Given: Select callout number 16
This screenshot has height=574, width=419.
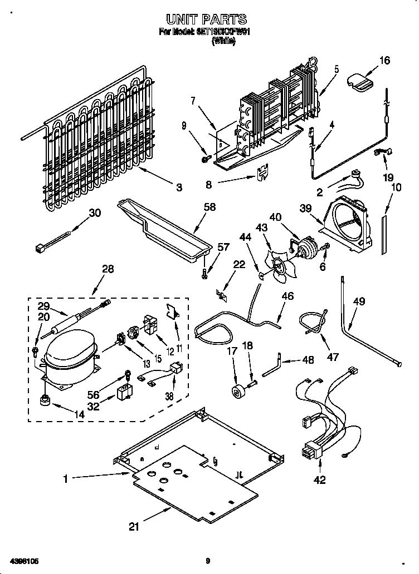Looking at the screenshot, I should click(x=384, y=61).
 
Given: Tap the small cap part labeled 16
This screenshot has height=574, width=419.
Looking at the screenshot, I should click(x=360, y=81).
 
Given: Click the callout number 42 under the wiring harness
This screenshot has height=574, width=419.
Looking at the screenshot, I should click(x=320, y=480).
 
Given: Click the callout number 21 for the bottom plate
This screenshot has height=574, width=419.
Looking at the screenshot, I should click(x=134, y=527).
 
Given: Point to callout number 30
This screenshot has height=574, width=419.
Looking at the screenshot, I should click(x=95, y=212).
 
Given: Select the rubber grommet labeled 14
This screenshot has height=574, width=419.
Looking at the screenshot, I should click(x=44, y=400).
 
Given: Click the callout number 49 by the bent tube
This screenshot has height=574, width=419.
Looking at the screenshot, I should click(x=359, y=302).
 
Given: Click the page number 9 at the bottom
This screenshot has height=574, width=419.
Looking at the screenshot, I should click(x=208, y=561).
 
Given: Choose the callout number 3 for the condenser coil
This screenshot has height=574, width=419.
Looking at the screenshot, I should click(x=179, y=188).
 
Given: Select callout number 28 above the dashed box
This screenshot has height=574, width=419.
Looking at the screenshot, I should click(x=108, y=269).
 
